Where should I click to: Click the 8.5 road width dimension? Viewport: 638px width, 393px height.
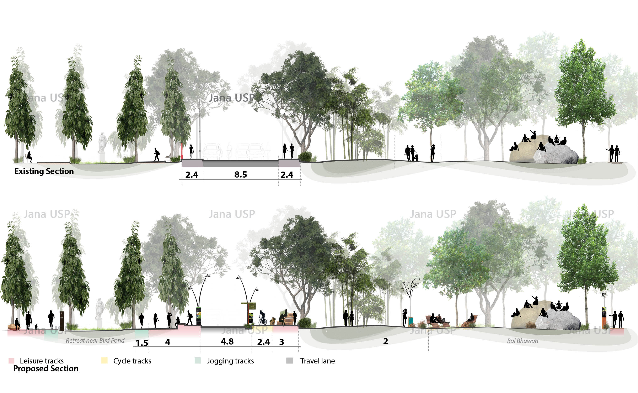(240, 175)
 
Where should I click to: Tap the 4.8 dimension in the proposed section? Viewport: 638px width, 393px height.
(227, 341)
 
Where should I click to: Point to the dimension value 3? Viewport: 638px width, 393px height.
(282, 342)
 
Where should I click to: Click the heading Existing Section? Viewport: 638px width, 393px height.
(44, 171)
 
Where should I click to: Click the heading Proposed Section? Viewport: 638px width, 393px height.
(46, 368)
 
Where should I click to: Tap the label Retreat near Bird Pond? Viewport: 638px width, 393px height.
(95, 341)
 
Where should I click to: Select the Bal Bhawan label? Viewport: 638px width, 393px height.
(522, 341)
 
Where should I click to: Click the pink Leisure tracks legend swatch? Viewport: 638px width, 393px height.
(11, 361)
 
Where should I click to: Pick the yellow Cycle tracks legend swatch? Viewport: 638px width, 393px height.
(104, 361)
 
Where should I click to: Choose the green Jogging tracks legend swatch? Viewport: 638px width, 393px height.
(198, 361)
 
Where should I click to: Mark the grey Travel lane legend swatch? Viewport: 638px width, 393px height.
(290, 361)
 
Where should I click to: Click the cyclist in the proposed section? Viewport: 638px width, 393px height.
(262, 318)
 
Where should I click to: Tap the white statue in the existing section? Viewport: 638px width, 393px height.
(102, 146)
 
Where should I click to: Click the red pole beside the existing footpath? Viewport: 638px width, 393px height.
(182, 151)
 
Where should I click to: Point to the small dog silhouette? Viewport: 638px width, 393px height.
(36, 326)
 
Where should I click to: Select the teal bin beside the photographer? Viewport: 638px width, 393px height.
(411, 321)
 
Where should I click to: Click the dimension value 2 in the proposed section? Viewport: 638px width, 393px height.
(385, 341)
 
